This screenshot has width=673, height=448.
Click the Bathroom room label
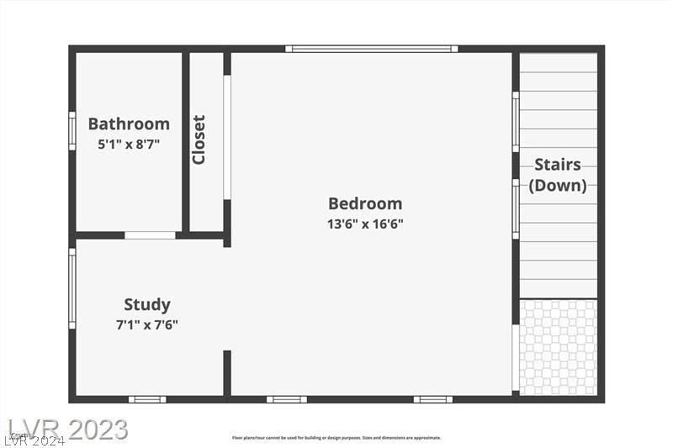click(x=129, y=124)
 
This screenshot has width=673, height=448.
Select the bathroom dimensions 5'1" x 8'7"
click(x=129, y=144)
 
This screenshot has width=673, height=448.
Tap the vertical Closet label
click(x=199, y=140)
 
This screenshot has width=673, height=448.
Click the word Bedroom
click(x=365, y=203)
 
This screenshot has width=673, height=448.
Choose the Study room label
click(x=147, y=304)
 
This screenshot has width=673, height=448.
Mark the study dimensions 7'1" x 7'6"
click(x=147, y=324)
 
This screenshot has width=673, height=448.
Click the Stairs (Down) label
click(x=558, y=175)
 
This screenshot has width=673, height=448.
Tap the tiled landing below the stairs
click(x=558, y=347)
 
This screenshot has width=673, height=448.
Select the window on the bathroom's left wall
click(x=72, y=130)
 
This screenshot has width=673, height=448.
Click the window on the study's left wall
click(x=72, y=287)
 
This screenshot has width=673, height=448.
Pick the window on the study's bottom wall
click(x=147, y=398)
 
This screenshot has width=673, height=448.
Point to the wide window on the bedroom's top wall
click(x=371, y=49)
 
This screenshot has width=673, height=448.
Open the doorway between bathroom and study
click(x=150, y=235)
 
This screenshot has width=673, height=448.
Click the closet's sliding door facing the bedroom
click(x=227, y=138)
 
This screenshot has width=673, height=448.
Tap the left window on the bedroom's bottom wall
click(x=287, y=398)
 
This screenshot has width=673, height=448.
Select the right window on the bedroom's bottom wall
click(x=433, y=398)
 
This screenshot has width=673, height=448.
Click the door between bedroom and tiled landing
click(x=516, y=358)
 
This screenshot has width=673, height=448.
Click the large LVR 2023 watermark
click(x=67, y=429)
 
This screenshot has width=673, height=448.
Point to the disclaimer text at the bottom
click(x=336, y=437)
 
